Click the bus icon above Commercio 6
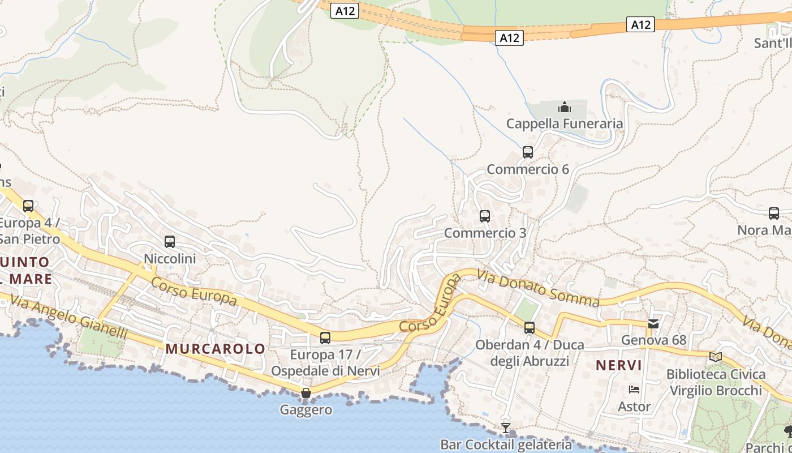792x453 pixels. tap(528, 152)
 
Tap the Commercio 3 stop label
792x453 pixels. tap(485, 233)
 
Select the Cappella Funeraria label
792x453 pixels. tap(564, 123)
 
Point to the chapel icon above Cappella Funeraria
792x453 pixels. tap(564, 107)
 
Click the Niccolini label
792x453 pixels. tap(170, 259)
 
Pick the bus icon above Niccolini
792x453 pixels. tap(170, 242)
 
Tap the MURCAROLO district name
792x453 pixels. tap(216, 349)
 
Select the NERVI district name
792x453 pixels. tap(619, 365)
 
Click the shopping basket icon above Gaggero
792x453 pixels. tap(306, 392)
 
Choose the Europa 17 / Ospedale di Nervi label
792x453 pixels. tap(325, 363)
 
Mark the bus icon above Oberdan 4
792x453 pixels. tap(530, 327)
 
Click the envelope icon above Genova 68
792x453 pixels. tap(653, 324)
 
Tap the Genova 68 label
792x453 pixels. tap(653, 340)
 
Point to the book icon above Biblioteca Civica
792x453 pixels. tap(716, 357)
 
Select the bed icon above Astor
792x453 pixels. tap(634, 390)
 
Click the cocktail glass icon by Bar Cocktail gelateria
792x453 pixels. tap(506, 428)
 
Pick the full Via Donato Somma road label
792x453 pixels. tap(537, 288)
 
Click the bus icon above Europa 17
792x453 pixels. tap(325, 338)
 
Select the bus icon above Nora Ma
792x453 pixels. tap(774, 213)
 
